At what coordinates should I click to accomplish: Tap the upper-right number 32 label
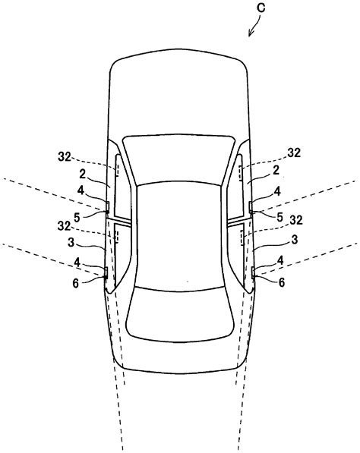293,153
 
